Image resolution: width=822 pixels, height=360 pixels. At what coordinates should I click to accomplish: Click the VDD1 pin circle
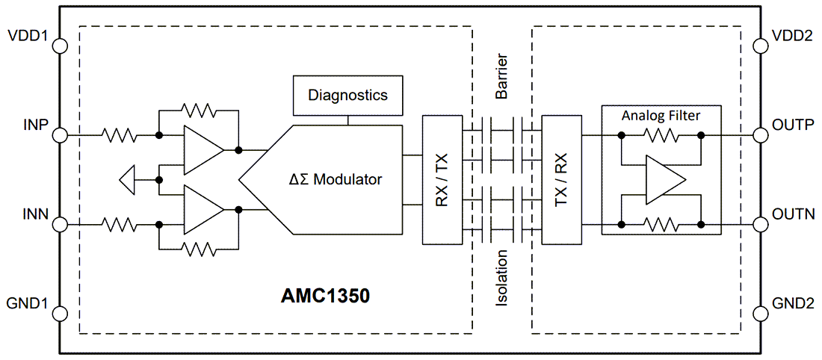click(x=60, y=46)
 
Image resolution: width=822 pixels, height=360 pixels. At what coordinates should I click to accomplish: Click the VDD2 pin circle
click(x=761, y=46)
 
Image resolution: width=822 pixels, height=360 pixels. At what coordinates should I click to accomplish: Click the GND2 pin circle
click(x=761, y=314)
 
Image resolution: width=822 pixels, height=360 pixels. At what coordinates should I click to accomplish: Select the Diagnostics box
click(x=347, y=95)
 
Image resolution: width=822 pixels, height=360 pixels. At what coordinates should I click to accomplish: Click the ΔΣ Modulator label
click(x=336, y=179)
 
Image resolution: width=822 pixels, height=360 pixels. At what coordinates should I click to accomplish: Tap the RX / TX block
click(x=442, y=179)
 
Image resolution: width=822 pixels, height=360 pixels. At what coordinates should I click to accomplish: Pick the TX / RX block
click(x=561, y=179)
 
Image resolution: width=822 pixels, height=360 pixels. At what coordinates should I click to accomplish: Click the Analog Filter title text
click(x=661, y=116)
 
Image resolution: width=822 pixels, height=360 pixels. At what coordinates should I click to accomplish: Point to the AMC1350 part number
click(x=325, y=297)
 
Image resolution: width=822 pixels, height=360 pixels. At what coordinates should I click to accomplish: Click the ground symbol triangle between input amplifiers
click(x=128, y=180)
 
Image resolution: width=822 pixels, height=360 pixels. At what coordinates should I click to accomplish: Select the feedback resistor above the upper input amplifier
click(x=198, y=111)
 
